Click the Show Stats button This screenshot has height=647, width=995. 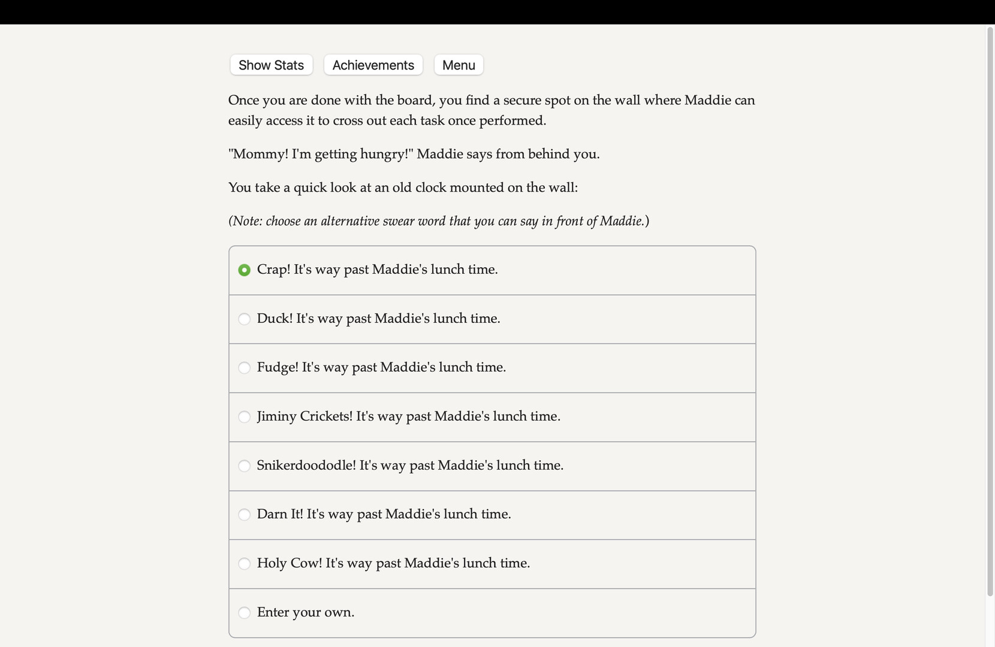click(271, 65)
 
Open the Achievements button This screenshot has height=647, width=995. click(373, 65)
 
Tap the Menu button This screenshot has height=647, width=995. click(459, 65)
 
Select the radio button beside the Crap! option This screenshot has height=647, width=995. click(244, 270)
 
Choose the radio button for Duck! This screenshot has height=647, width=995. click(244, 319)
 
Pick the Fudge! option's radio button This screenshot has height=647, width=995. click(244, 368)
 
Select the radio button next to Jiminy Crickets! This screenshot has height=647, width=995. click(244, 417)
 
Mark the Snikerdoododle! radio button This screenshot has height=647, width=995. click(244, 466)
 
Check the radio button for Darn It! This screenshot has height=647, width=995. click(244, 515)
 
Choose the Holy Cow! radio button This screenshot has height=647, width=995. click(244, 564)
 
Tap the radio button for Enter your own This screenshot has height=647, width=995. click(244, 613)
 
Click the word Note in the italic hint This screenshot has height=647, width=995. click(246, 221)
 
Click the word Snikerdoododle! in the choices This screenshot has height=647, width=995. click(306, 465)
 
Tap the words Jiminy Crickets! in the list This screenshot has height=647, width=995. click(304, 416)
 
